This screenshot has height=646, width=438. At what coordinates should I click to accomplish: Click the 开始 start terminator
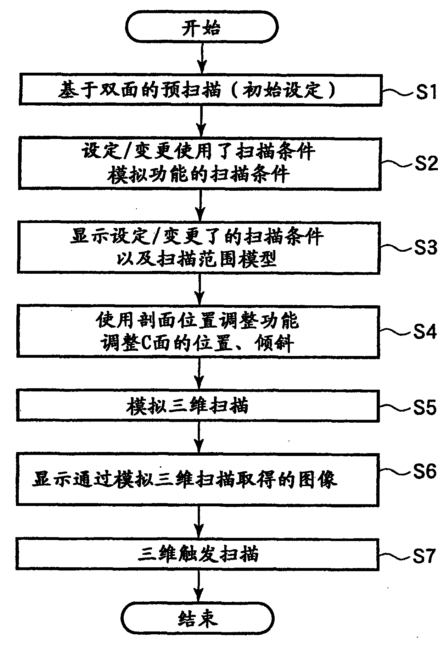[x=201, y=27]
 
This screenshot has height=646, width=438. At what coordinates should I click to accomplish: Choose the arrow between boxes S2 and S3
[x=200, y=205]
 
